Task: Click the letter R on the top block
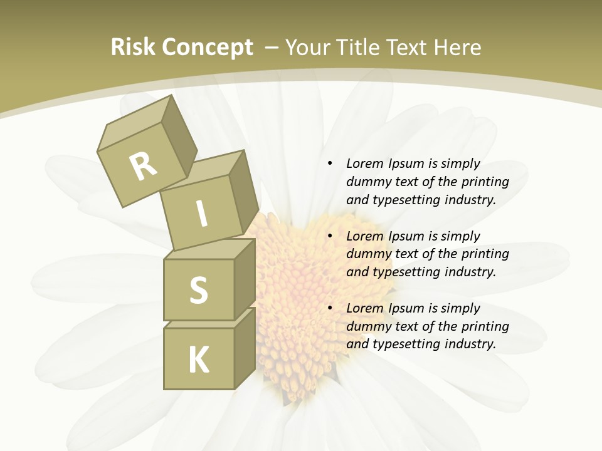(143, 166)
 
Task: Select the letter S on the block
(198, 291)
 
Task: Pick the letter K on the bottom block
(198, 360)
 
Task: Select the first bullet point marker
(330, 163)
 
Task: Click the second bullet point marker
(330, 236)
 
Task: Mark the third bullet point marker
(330, 308)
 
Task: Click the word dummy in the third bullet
(366, 326)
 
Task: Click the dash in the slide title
(272, 48)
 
